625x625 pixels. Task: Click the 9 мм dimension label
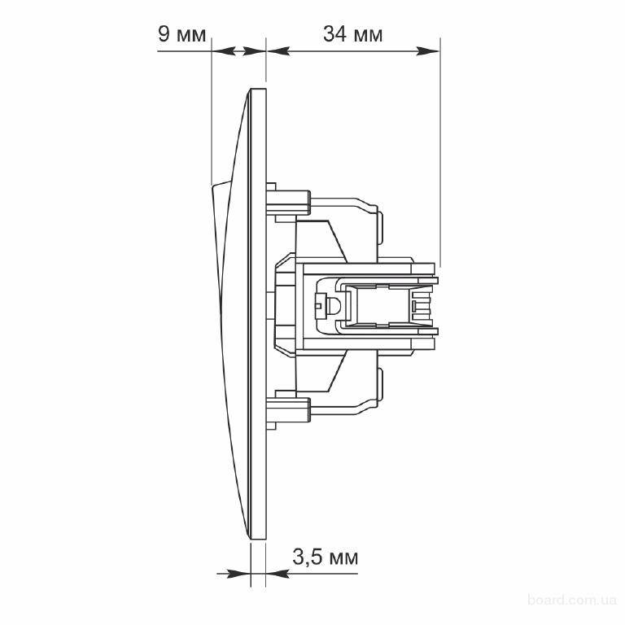coord(182,34)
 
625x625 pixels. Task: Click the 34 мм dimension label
coord(352,34)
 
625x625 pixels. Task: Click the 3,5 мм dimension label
coord(326,557)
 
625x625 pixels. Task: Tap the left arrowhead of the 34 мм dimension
coord(278,51)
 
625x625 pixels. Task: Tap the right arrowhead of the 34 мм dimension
coord(428,51)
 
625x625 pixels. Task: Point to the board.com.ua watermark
coord(572,600)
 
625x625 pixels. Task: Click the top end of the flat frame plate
coord(258,90)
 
